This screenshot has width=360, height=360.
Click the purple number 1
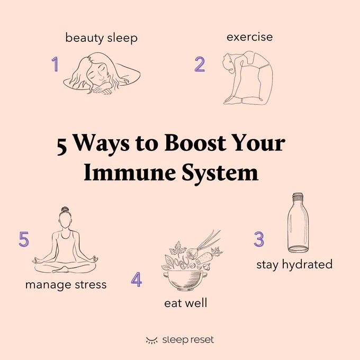click(x=55, y=64)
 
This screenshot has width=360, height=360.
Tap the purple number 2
click(x=200, y=64)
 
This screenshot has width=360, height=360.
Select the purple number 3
click(x=259, y=239)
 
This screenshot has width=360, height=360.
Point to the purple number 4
click(x=137, y=280)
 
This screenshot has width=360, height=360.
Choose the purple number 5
click(x=24, y=239)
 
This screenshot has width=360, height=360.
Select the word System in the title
click(x=220, y=173)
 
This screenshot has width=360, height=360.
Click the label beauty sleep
click(x=101, y=38)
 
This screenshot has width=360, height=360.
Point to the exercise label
click(x=249, y=37)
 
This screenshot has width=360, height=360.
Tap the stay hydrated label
click(x=294, y=265)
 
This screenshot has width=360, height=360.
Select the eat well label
click(x=185, y=303)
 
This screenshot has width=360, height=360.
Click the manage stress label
click(x=66, y=285)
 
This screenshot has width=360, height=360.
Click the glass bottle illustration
click(x=298, y=223)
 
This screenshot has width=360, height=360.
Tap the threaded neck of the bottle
click(x=298, y=197)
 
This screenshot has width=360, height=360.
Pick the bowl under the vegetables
click(x=185, y=281)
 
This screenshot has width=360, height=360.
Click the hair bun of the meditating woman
click(x=65, y=210)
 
